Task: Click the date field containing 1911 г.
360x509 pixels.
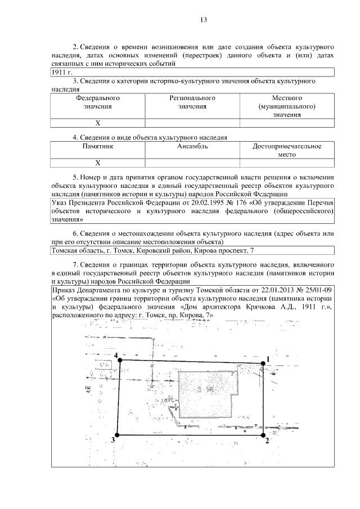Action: [x=59, y=73]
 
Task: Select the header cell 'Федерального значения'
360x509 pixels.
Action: [x=98, y=102]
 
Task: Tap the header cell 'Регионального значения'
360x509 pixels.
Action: [x=193, y=102]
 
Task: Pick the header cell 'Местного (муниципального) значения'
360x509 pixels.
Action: [x=287, y=106]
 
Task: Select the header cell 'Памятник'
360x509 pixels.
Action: [x=98, y=146]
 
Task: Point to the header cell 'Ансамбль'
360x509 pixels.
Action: [x=193, y=146]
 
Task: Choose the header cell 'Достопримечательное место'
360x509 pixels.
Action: [x=287, y=150]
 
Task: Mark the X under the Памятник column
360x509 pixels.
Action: [x=98, y=163]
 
